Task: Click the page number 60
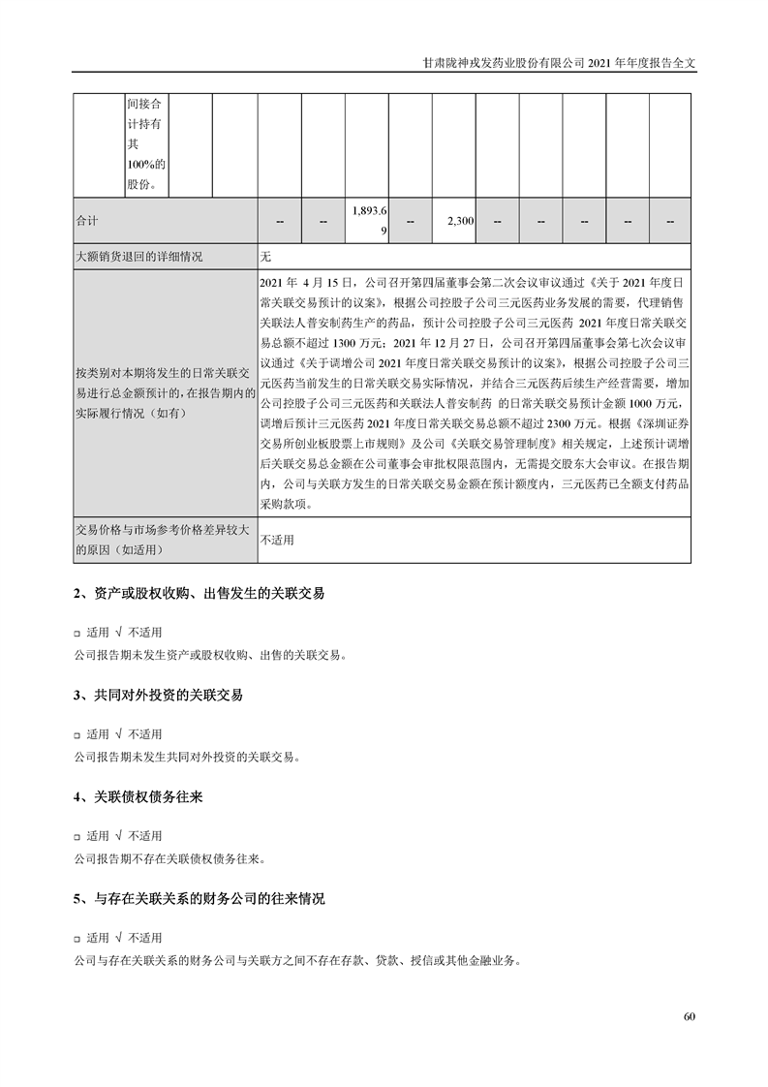[689, 1016]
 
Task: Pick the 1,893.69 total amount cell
[366, 222]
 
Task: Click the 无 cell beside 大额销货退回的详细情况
[267, 257]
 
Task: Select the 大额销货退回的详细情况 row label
[139, 257]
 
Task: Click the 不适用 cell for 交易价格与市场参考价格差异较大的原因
[277, 540]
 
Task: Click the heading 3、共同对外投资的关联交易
[158, 696]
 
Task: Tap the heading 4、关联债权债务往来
[138, 797]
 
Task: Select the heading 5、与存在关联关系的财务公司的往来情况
[199, 899]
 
